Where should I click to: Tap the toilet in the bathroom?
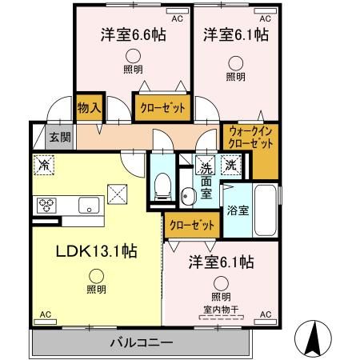[x=162, y=186]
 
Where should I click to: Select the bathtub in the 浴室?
[x=265, y=210]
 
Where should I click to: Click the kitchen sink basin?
[x=89, y=206]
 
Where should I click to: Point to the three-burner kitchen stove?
[x=46, y=206]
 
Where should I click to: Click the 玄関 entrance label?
[x=60, y=138]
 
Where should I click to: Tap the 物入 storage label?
[x=89, y=108]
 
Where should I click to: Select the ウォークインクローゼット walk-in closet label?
[x=250, y=138]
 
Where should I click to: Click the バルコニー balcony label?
[x=142, y=342]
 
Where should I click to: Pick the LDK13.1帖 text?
[x=97, y=251]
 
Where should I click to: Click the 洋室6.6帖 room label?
[x=134, y=34]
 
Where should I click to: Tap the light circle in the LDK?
[x=96, y=276]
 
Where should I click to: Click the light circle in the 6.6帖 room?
[x=133, y=56]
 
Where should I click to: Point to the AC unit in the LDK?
[x=45, y=322]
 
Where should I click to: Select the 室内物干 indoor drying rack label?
[x=221, y=310]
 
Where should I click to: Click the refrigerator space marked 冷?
[x=44, y=166]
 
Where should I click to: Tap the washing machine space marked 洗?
[x=231, y=165]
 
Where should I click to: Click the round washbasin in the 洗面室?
[x=186, y=196]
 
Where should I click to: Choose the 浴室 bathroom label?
[x=238, y=210]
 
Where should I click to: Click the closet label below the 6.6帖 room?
[x=162, y=108]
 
